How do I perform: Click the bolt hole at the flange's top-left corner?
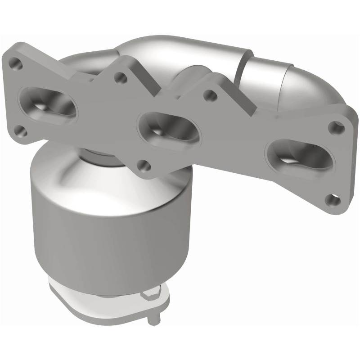tap(17, 64)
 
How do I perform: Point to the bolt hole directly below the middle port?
tap(143, 165)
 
